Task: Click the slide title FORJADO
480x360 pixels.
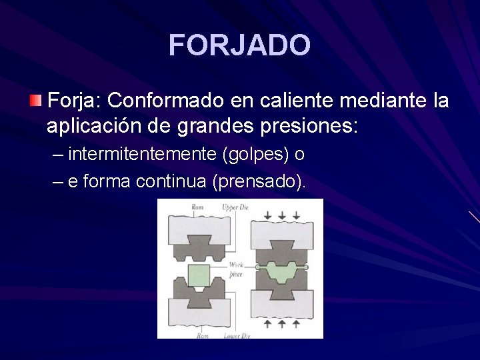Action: (239, 45)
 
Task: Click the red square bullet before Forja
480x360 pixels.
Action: (35, 101)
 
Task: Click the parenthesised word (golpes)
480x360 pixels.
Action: (258, 155)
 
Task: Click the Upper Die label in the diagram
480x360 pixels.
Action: (235, 207)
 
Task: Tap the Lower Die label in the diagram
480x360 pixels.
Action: (236, 335)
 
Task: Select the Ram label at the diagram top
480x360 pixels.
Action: (197, 207)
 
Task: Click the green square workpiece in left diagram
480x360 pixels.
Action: (198, 274)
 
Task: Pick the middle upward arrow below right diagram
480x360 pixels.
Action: (281, 323)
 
